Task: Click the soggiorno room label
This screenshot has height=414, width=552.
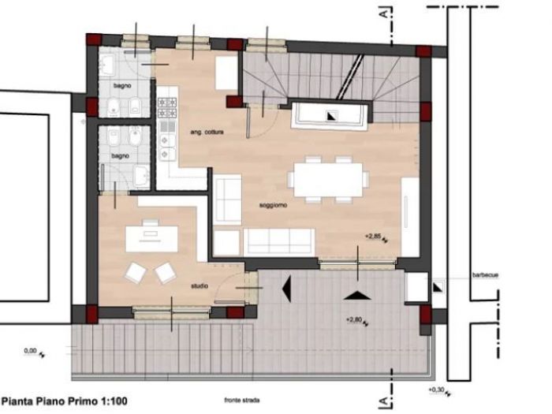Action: click(273, 205)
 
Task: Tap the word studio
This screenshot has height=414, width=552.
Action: click(200, 286)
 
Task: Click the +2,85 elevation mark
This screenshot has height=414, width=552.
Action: click(374, 236)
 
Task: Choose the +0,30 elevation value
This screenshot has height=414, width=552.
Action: click(435, 390)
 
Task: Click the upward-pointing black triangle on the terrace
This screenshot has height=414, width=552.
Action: click(357, 295)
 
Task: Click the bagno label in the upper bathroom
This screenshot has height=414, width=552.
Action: click(120, 84)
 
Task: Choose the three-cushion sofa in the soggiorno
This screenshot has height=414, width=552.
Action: click(277, 241)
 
